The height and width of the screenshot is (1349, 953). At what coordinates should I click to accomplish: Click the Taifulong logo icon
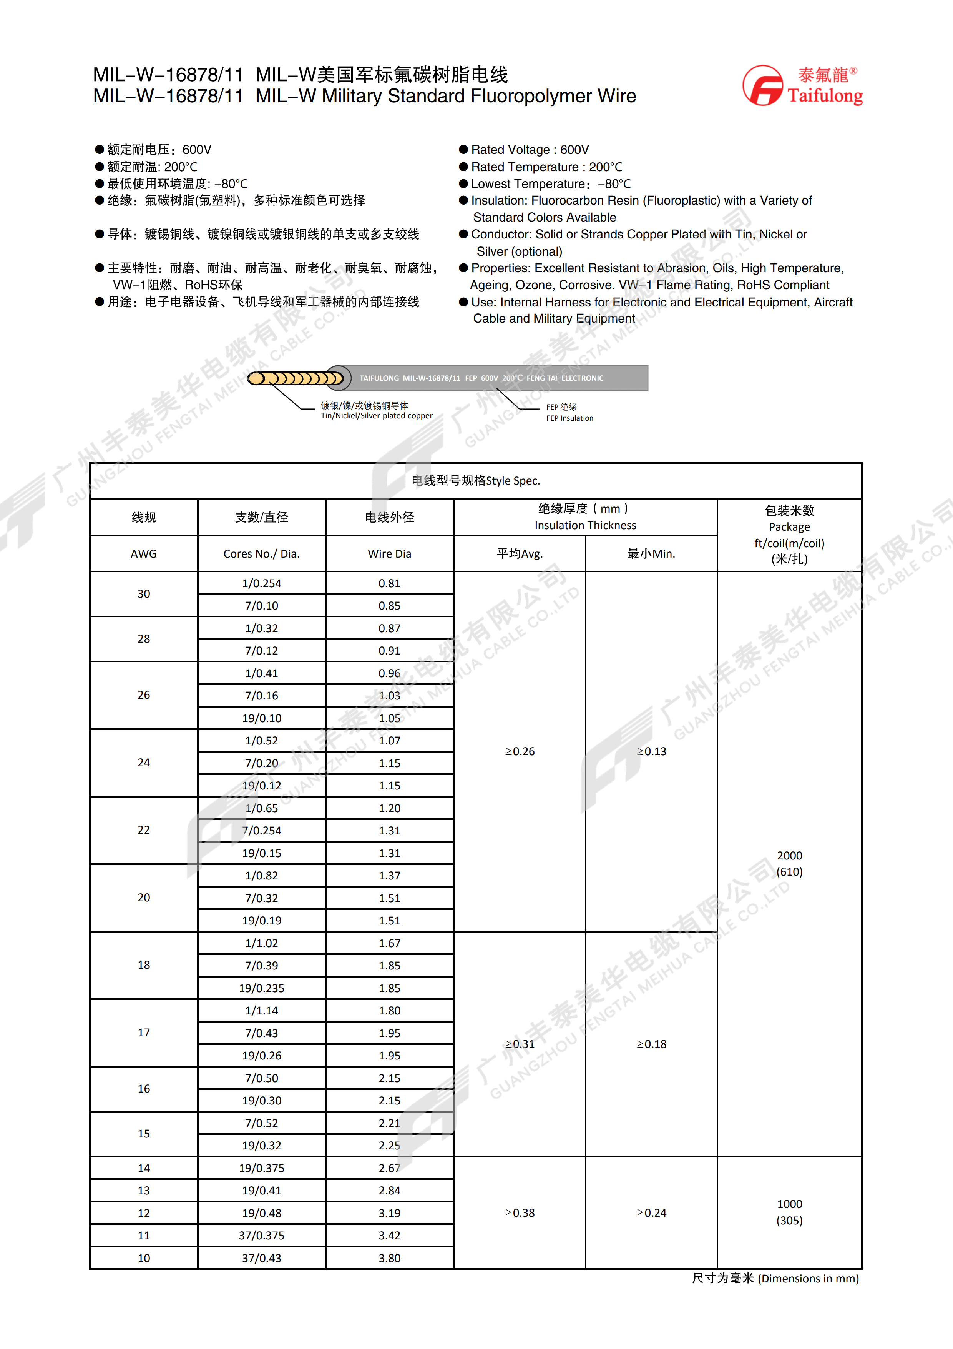[x=763, y=86]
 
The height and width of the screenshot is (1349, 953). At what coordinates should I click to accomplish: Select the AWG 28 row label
[x=144, y=639]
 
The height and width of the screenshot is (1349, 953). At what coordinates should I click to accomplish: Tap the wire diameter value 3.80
[x=389, y=1258]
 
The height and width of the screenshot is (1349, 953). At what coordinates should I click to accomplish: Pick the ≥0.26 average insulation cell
[x=520, y=751]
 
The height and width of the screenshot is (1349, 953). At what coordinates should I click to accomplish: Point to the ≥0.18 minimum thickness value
[x=651, y=1044]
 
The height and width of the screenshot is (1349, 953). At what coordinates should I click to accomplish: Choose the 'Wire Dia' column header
[x=389, y=553]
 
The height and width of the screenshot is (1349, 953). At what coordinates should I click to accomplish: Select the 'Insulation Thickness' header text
[x=585, y=525]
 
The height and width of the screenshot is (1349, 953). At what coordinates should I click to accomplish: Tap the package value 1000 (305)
[x=789, y=1212]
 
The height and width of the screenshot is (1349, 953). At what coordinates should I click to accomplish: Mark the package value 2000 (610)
[x=789, y=864]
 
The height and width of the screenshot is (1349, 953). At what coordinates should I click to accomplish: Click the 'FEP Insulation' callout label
[x=569, y=418]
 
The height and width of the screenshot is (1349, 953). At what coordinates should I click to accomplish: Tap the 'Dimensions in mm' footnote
[x=808, y=1279]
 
